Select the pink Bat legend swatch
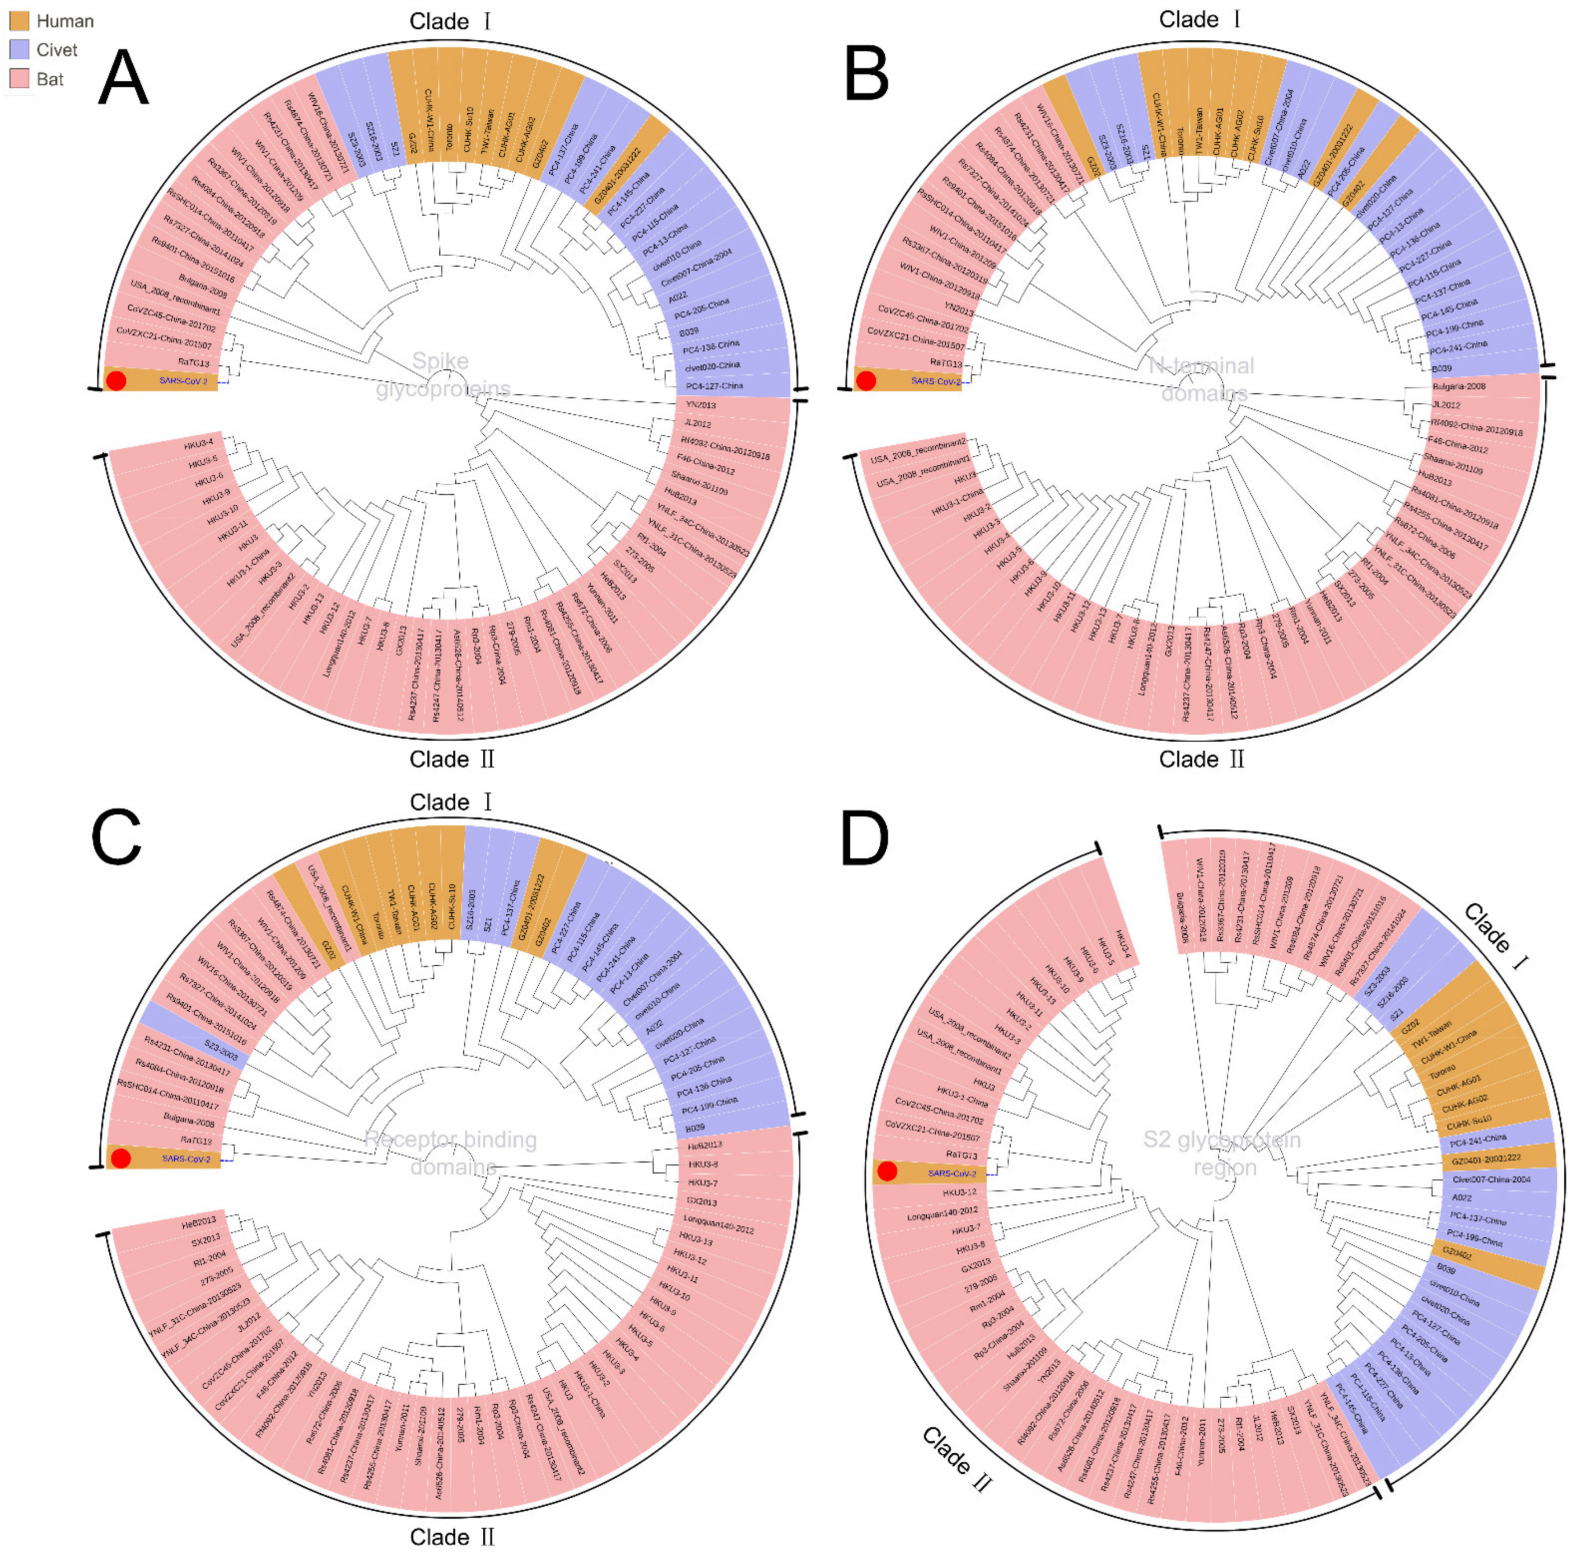pos(19,79)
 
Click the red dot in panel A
pos(117,380)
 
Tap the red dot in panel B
pos(866,380)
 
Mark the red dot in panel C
pos(121,1158)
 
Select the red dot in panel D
pos(887,1172)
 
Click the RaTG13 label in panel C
pos(196,1140)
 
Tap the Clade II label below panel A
pos(452,759)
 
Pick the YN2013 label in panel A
pos(700,405)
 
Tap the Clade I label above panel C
pos(452,803)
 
